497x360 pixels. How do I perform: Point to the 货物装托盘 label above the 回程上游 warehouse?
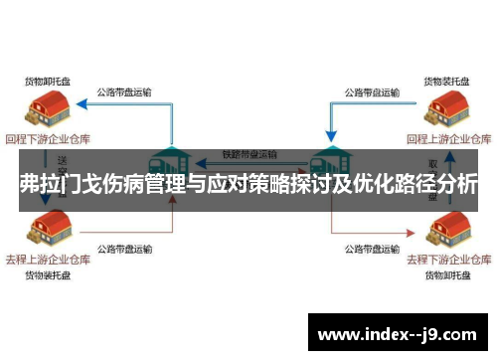(446, 79)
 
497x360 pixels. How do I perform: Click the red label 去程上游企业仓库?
(47, 259)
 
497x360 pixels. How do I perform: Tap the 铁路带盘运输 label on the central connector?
(249, 154)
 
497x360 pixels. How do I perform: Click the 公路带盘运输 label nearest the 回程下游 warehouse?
(124, 92)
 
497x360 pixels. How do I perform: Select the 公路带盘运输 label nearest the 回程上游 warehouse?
(371, 92)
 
